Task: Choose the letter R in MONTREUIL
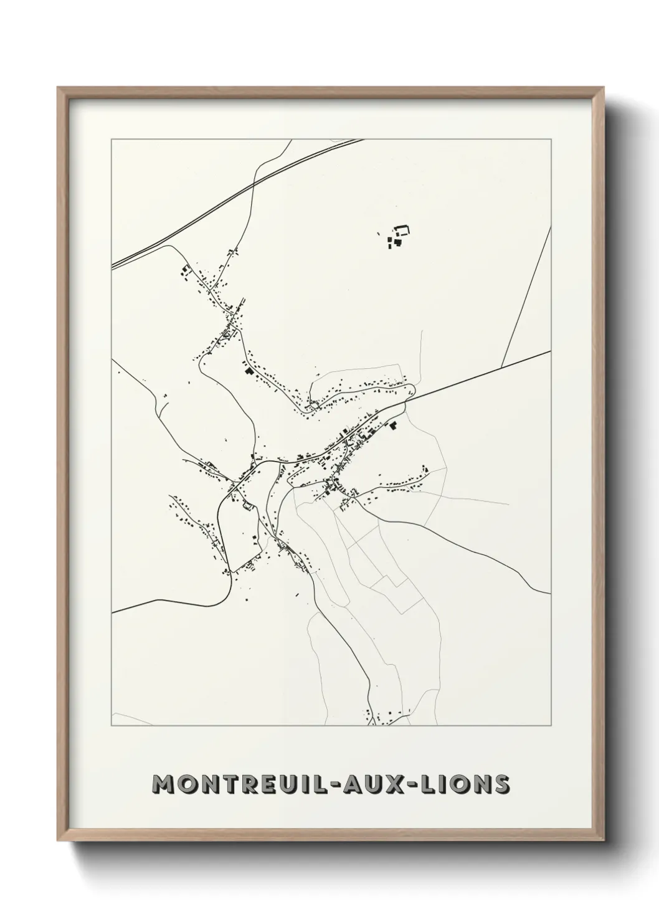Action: pyautogui.click(x=249, y=784)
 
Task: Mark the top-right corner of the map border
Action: pyautogui.click(x=552, y=139)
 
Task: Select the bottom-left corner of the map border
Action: pyautogui.click(x=111, y=726)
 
